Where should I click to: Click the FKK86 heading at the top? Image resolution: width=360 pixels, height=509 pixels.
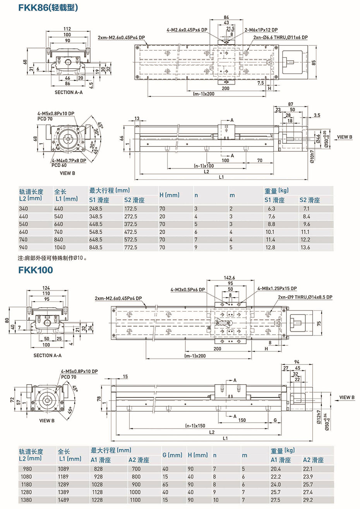[48, 7]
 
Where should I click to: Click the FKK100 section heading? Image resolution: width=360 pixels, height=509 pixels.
[35, 270]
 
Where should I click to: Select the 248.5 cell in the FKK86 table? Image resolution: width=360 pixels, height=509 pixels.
[96, 208]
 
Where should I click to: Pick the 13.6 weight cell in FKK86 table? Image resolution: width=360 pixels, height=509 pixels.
[305, 247]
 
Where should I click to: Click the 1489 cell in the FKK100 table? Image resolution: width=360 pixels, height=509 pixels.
[63, 500]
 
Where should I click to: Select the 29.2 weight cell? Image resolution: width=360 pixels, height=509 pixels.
[308, 500]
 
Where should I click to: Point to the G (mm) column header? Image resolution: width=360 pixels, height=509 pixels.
[172, 455]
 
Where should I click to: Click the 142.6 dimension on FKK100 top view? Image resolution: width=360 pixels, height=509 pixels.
[230, 278]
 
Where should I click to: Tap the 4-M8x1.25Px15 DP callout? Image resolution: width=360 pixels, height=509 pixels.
[277, 289]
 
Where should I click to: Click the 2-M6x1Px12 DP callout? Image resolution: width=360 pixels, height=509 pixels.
[261, 30]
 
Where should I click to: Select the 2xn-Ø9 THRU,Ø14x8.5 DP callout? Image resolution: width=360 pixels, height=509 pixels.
[305, 297]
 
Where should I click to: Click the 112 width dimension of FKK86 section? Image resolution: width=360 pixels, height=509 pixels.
[67, 29]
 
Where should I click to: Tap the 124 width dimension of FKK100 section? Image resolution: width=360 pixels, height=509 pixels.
[46, 288]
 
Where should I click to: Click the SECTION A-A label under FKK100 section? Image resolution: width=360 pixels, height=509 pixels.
[47, 355]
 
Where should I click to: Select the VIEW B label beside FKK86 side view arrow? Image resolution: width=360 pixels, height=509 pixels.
[345, 137]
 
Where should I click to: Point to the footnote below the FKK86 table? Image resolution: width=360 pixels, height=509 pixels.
[53, 258]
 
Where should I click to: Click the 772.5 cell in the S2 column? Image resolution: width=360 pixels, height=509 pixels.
[130, 247]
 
